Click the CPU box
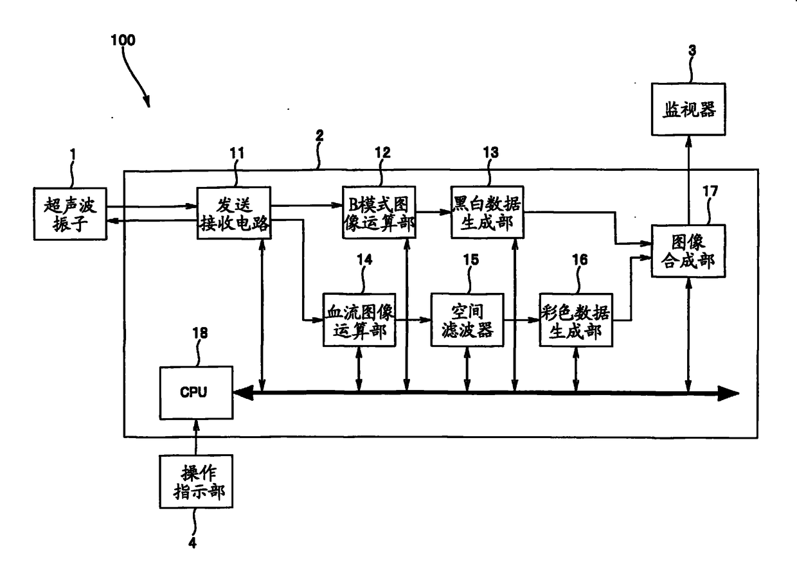197,392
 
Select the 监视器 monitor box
688,109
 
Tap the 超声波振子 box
70,214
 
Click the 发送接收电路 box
234,213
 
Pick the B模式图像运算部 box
379,212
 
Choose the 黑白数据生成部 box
487,212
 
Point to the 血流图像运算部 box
359,320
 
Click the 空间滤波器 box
467,320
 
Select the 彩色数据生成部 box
576,320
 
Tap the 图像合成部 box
688,251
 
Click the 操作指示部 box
197,481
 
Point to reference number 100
123,40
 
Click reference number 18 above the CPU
200,333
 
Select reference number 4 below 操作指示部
192,543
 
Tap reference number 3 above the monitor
692,51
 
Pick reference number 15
471,260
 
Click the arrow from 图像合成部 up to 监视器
689,181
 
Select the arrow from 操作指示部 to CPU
195,437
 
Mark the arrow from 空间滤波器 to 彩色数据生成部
522,320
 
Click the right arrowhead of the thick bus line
728,393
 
